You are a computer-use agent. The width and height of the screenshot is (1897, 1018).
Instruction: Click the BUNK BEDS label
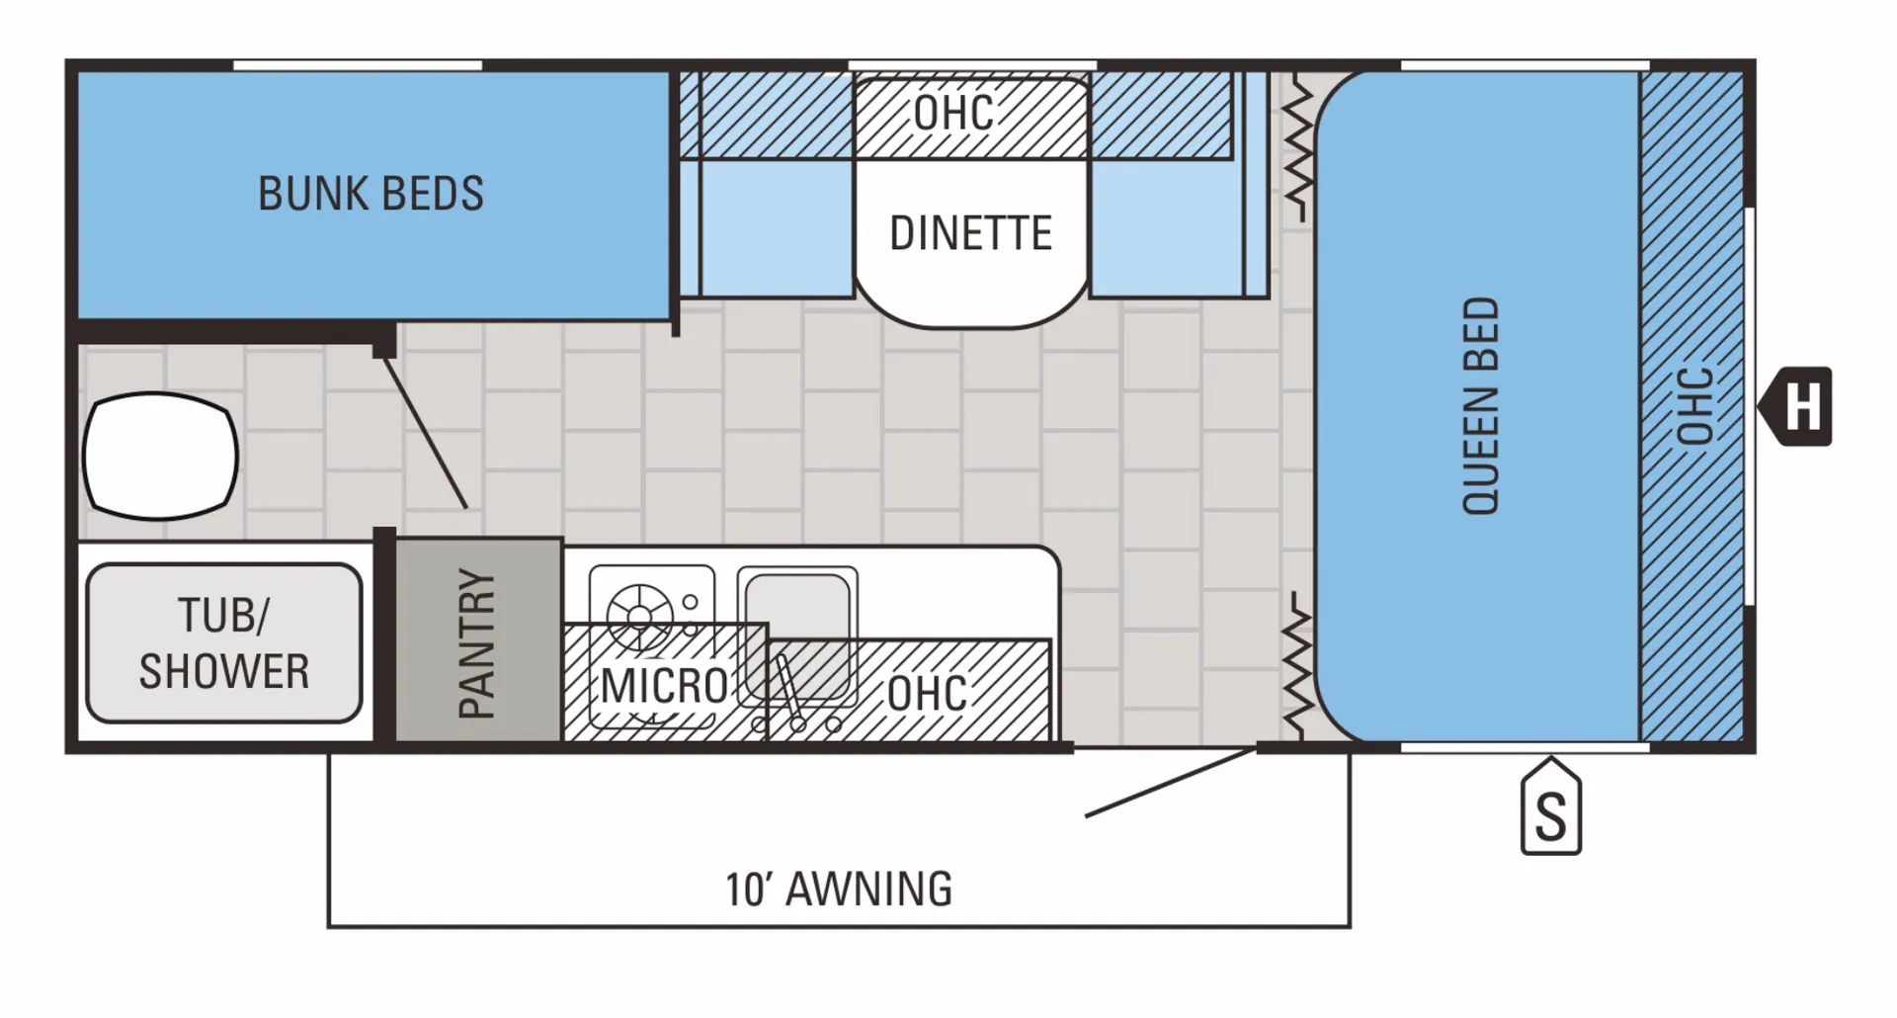[371, 194]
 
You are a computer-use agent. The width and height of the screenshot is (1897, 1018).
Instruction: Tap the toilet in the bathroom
[160, 456]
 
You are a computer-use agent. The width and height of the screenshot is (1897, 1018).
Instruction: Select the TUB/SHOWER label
[224, 642]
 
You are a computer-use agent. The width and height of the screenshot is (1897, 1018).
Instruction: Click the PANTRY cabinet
[479, 639]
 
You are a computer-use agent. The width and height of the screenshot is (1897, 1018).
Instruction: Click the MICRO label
[664, 685]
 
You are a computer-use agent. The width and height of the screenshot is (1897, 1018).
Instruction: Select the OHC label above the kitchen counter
[927, 693]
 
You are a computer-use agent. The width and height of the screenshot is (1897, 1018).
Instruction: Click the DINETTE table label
[971, 233]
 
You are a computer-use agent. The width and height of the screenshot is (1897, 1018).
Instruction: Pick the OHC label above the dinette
[954, 112]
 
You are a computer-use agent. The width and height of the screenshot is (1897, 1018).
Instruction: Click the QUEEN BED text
[1481, 405]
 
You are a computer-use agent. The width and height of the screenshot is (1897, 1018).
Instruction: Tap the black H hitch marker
[1795, 406]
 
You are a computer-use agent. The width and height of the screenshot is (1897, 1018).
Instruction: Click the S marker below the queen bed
[1551, 807]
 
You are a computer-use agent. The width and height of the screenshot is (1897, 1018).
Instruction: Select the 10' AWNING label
[839, 889]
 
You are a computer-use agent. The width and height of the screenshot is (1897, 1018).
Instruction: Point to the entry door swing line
[1172, 783]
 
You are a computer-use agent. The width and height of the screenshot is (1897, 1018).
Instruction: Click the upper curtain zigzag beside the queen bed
[1298, 148]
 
